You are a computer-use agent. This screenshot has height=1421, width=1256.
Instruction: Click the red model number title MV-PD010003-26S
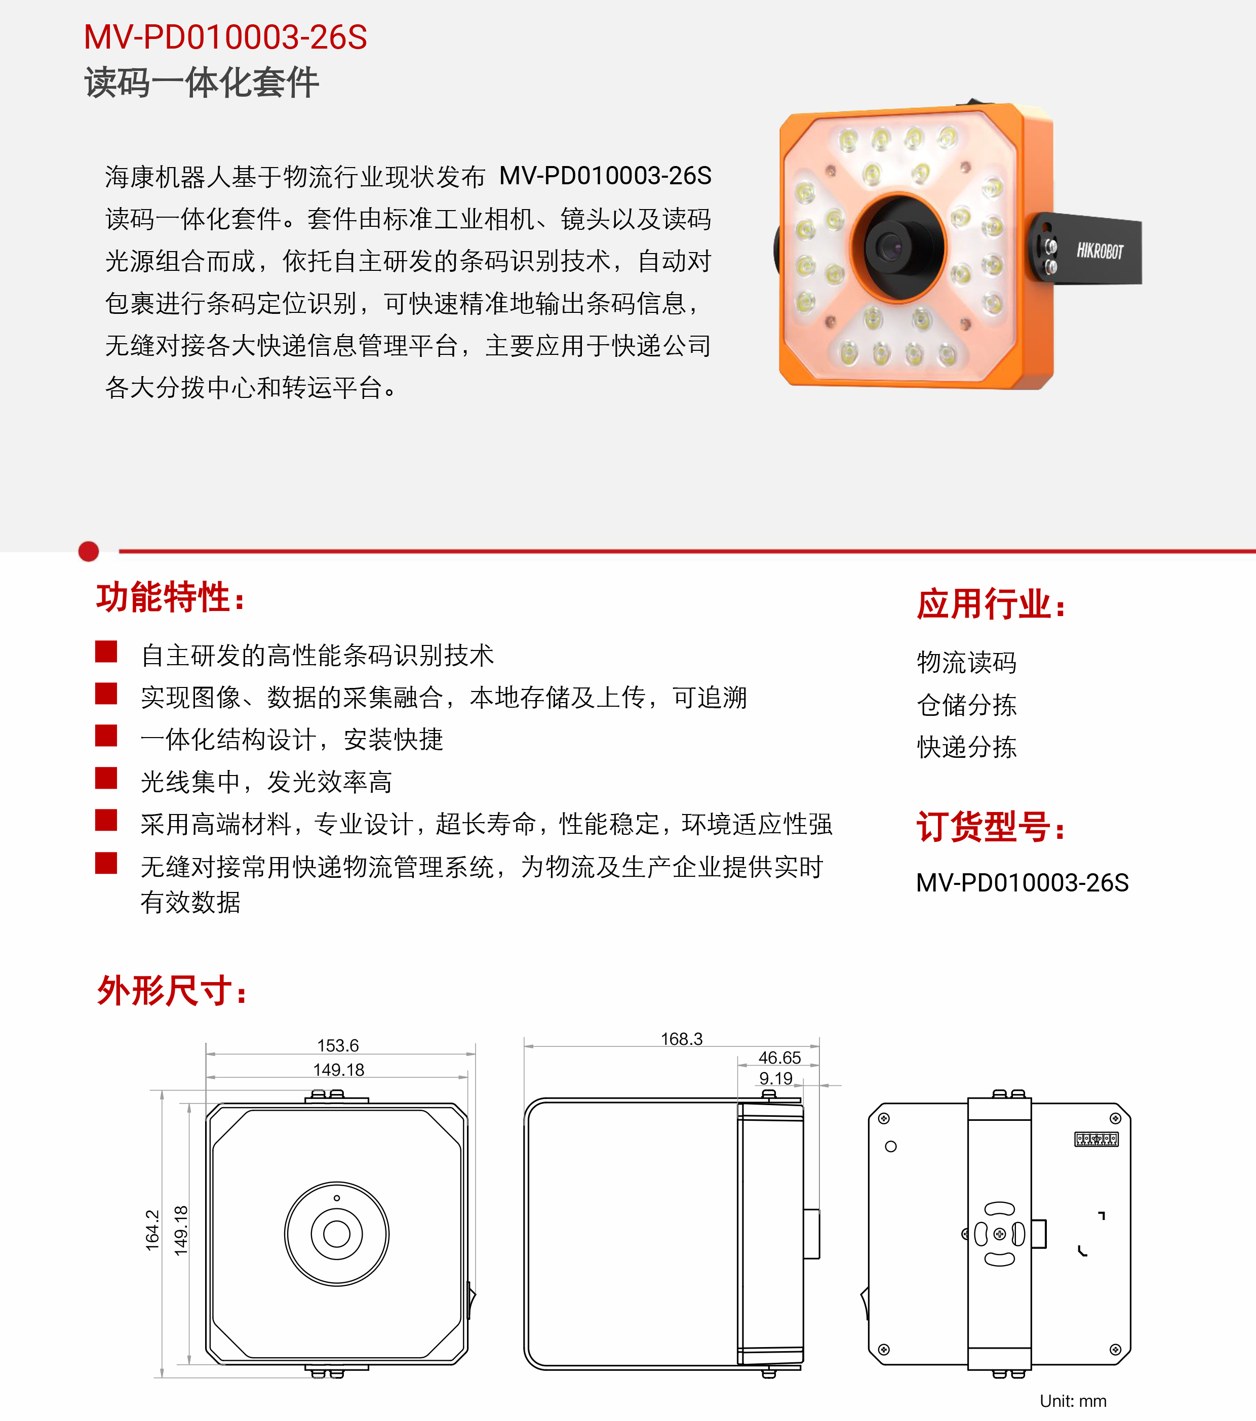click(225, 37)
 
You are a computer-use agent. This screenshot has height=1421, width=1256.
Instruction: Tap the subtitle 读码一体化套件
click(202, 83)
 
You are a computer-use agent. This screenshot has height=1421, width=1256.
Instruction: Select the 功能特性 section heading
click(171, 598)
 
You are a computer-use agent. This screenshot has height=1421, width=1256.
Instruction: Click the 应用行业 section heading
click(991, 603)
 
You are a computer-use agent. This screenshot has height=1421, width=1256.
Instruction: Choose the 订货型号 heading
click(991, 827)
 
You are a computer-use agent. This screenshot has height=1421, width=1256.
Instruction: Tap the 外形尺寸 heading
click(172, 990)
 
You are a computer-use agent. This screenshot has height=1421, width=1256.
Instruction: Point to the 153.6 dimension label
click(338, 1045)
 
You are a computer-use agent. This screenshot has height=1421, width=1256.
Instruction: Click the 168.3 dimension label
click(682, 1039)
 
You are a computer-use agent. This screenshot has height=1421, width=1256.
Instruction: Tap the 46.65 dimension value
click(779, 1058)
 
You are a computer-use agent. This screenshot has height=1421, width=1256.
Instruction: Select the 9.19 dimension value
click(776, 1078)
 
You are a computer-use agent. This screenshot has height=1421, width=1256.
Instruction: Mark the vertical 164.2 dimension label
click(152, 1231)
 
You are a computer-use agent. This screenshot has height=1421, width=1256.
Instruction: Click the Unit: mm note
click(1073, 1401)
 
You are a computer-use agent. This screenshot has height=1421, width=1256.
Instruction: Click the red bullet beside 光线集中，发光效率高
click(106, 778)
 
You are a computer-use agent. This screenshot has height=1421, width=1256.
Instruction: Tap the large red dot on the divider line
click(88, 551)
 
